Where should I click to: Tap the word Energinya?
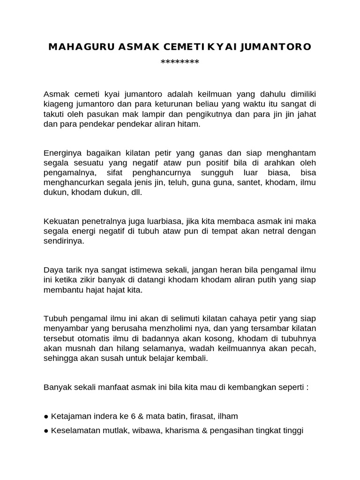pyautogui.click(x=61, y=153)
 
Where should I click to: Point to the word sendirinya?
pyautogui.click(x=63, y=241)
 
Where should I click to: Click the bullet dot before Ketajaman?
pyautogui.click(x=46, y=416)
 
